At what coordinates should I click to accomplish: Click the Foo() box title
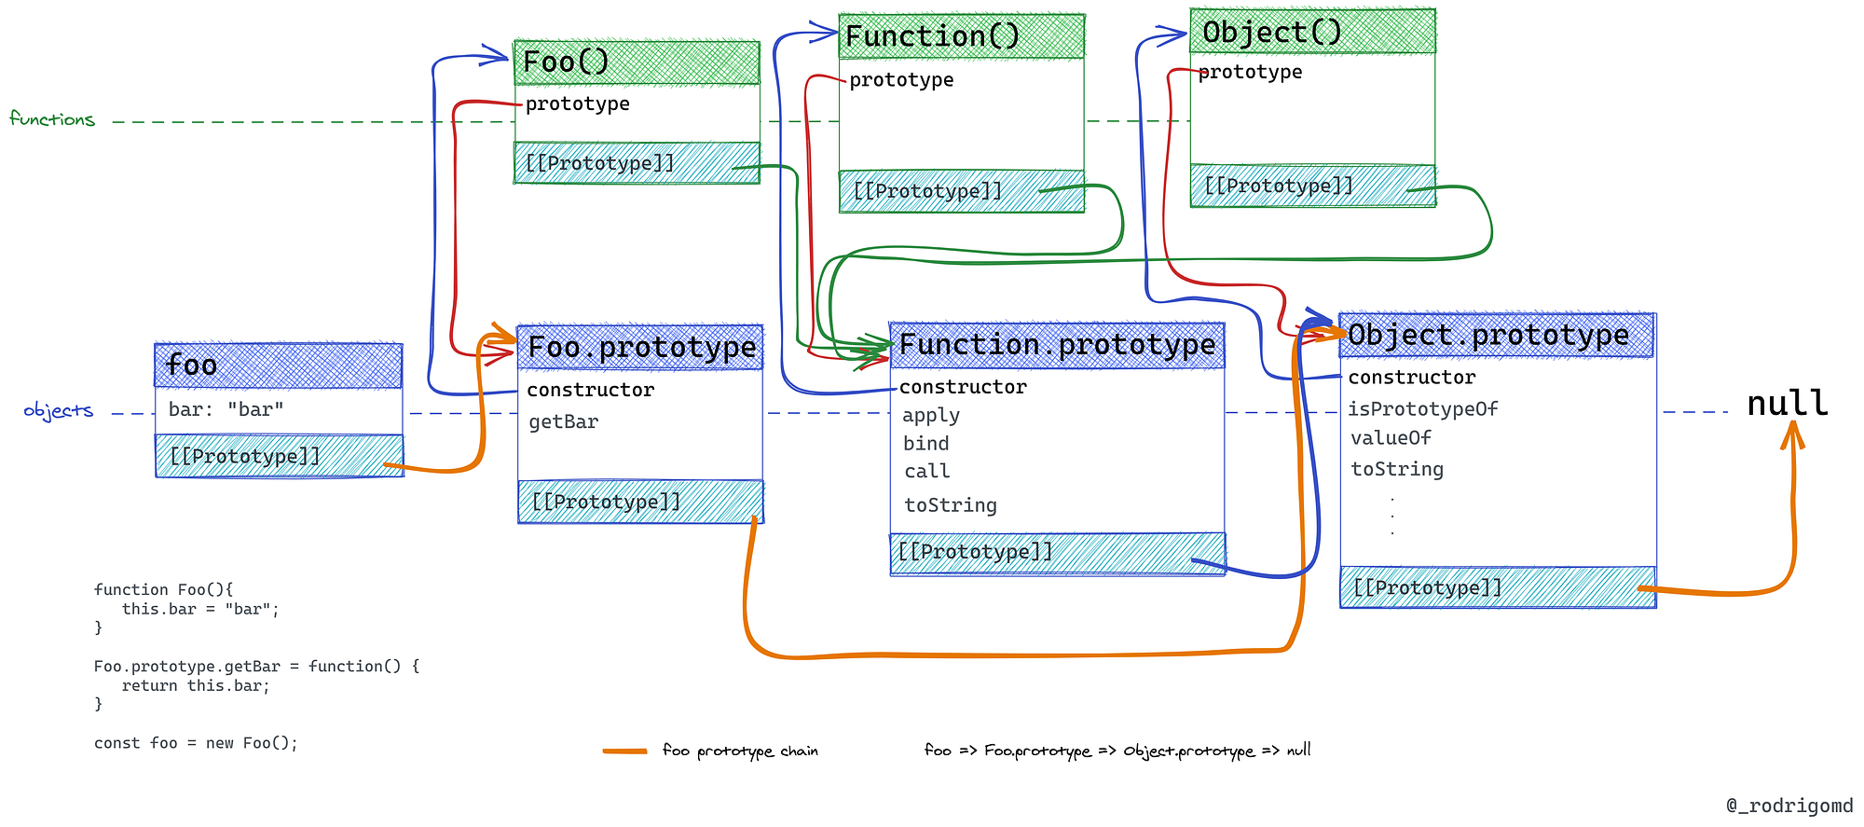[x=567, y=62]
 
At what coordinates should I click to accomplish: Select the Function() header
[x=932, y=36]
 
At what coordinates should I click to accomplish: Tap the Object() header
[x=1272, y=32]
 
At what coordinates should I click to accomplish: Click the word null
[x=1787, y=403]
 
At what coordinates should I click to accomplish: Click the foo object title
[x=191, y=365]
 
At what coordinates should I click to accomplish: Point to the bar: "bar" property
[x=226, y=409]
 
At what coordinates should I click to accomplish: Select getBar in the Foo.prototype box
[x=563, y=421]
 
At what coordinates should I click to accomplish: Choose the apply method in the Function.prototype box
[x=930, y=415]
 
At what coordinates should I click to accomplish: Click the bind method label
[x=925, y=444]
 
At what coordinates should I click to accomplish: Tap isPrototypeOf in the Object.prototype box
[x=1422, y=408]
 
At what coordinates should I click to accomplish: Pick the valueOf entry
[x=1391, y=437]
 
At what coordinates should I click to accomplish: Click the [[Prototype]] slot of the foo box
[x=244, y=456]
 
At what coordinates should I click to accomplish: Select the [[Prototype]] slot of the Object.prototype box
[x=1427, y=587]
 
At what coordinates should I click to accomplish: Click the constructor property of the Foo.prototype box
[x=590, y=390]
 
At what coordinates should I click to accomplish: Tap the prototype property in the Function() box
[x=901, y=79]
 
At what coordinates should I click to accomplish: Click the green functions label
[x=52, y=118]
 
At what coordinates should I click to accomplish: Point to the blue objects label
[x=58, y=410]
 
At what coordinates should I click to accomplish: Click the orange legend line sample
[x=624, y=751]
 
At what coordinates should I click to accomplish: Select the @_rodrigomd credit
[x=1789, y=806]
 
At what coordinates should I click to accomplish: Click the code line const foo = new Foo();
[x=196, y=743]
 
